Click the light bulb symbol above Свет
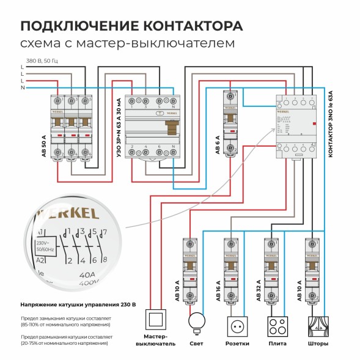click(197, 322)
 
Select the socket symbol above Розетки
click(237, 325)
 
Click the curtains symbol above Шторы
click(317, 325)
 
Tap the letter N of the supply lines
click(22, 88)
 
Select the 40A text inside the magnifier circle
click(89, 276)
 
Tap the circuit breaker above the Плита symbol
click(271, 270)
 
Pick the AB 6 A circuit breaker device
click(230, 122)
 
